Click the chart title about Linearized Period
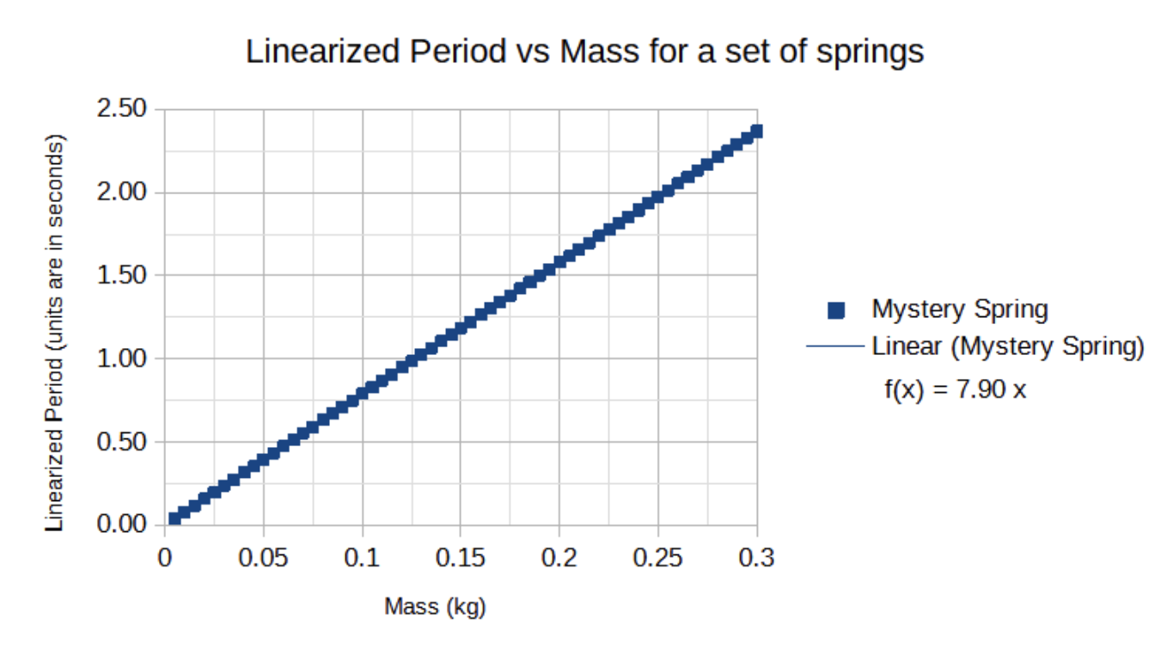(584, 52)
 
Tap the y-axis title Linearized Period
(55, 332)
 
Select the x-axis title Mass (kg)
(435, 607)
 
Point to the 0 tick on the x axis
(164, 558)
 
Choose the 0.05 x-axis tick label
(263, 558)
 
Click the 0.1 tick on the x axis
(362, 558)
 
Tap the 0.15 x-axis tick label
(461, 558)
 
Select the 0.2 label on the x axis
(559, 558)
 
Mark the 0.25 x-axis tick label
(658, 558)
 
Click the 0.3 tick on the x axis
(757, 558)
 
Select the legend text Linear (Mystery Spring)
(1007, 347)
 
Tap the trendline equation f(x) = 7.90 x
(955, 389)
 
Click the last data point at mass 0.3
(756, 132)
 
